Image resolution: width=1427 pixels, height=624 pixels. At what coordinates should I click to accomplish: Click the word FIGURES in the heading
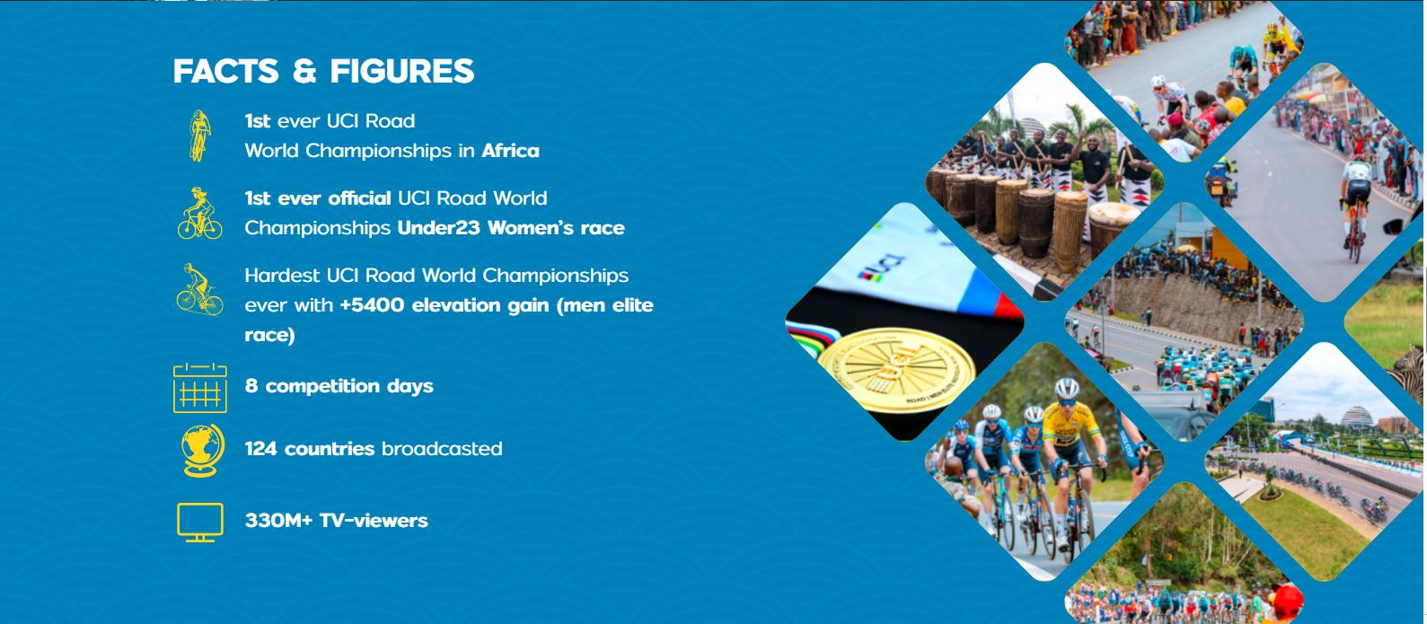click(402, 71)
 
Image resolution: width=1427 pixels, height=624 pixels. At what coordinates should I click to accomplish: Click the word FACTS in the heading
click(226, 71)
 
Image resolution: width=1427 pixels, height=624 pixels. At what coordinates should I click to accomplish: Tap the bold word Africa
click(510, 151)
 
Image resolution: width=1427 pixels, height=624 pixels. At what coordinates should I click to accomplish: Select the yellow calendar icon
click(200, 388)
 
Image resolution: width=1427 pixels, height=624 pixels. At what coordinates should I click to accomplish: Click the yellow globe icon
click(202, 450)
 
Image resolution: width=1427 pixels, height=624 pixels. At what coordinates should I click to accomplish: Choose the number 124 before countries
click(261, 449)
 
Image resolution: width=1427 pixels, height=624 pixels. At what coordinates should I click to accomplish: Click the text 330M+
click(279, 521)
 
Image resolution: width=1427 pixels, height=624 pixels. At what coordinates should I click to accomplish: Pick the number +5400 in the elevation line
click(372, 305)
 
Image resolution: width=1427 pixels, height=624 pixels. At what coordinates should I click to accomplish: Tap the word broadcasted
click(442, 449)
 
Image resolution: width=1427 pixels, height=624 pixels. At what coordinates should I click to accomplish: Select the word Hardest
click(282, 276)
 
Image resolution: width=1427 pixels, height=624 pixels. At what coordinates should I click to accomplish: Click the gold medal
click(896, 369)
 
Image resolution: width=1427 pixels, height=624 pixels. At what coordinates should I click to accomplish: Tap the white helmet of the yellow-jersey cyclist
click(1066, 388)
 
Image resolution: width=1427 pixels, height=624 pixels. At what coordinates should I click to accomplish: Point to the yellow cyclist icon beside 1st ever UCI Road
click(199, 136)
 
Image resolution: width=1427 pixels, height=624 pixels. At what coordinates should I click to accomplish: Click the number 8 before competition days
click(251, 386)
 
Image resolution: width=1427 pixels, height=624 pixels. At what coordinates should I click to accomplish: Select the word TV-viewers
click(374, 521)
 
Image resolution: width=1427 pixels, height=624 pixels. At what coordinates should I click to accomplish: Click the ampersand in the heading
click(304, 71)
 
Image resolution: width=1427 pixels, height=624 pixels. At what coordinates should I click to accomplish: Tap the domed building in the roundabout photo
click(1357, 417)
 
